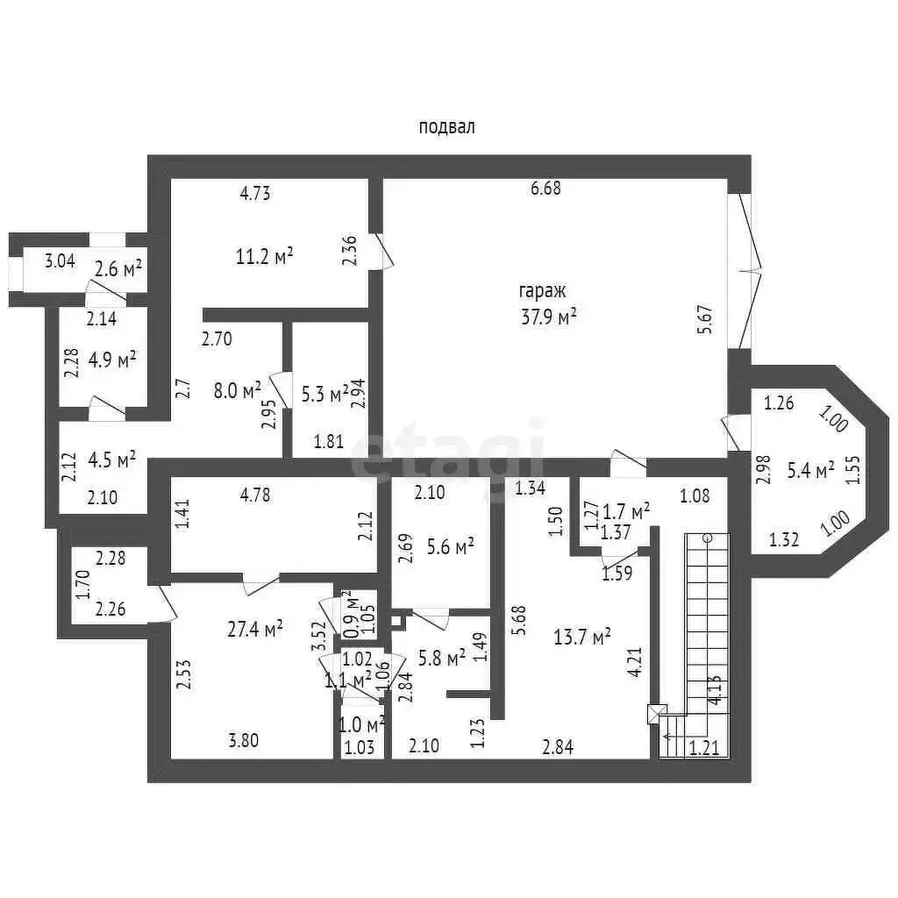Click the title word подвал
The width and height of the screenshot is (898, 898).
tap(447, 127)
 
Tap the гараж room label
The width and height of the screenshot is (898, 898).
tap(543, 292)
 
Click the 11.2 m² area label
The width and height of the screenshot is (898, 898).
tap(264, 256)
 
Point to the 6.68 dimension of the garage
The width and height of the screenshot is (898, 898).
tap(545, 188)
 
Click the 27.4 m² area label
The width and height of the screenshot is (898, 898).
tap(255, 628)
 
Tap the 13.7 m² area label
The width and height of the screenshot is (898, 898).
tap(583, 636)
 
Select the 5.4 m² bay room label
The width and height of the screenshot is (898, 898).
tap(810, 471)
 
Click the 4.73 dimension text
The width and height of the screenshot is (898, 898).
tap(254, 195)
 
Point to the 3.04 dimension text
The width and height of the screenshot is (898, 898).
tap(60, 260)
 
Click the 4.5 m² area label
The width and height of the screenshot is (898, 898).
tap(112, 460)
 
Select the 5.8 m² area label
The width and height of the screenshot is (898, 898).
tap(443, 657)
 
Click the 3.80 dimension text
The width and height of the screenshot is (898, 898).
tap(243, 741)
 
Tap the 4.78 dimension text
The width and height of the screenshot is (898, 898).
tap(255, 494)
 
